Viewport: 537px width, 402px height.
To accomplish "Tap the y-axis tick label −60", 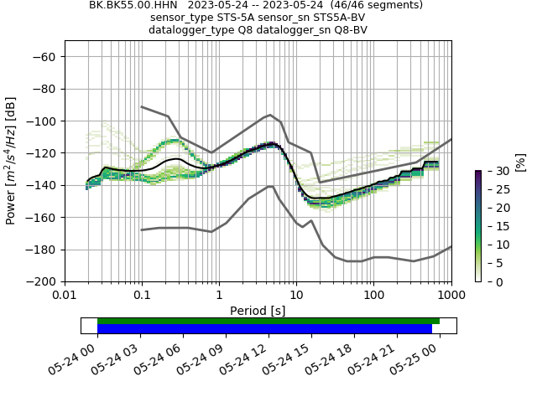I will (x=44, y=57).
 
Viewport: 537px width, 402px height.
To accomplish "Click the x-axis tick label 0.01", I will (x=65, y=296).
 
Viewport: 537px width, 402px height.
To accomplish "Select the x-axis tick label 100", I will (x=374, y=296).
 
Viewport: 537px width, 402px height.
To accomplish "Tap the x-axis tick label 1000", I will (x=451, y=296).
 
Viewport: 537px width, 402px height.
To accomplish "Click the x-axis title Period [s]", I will (x=258, y=311).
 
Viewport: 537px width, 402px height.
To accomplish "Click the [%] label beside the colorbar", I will (x=520, y=162).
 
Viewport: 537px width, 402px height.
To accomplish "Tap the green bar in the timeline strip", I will (x=268, y=321).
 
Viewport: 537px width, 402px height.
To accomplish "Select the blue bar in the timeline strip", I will (x=264, y=328).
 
